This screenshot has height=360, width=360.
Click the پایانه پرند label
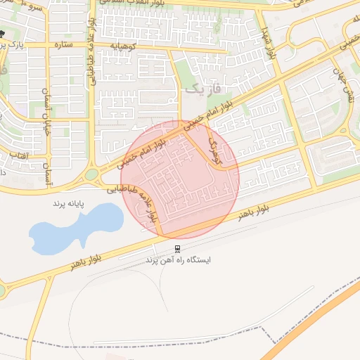point(68,203)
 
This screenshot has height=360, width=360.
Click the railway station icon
point(177,248)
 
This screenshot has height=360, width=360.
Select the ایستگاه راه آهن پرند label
point(178,260)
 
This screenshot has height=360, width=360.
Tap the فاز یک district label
point(204,89)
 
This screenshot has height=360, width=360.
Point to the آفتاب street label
point(18,154)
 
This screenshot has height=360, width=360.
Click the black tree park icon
point(3,34)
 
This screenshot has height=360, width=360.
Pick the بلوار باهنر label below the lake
point(86,262)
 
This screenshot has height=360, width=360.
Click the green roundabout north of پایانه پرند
point(91,174)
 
